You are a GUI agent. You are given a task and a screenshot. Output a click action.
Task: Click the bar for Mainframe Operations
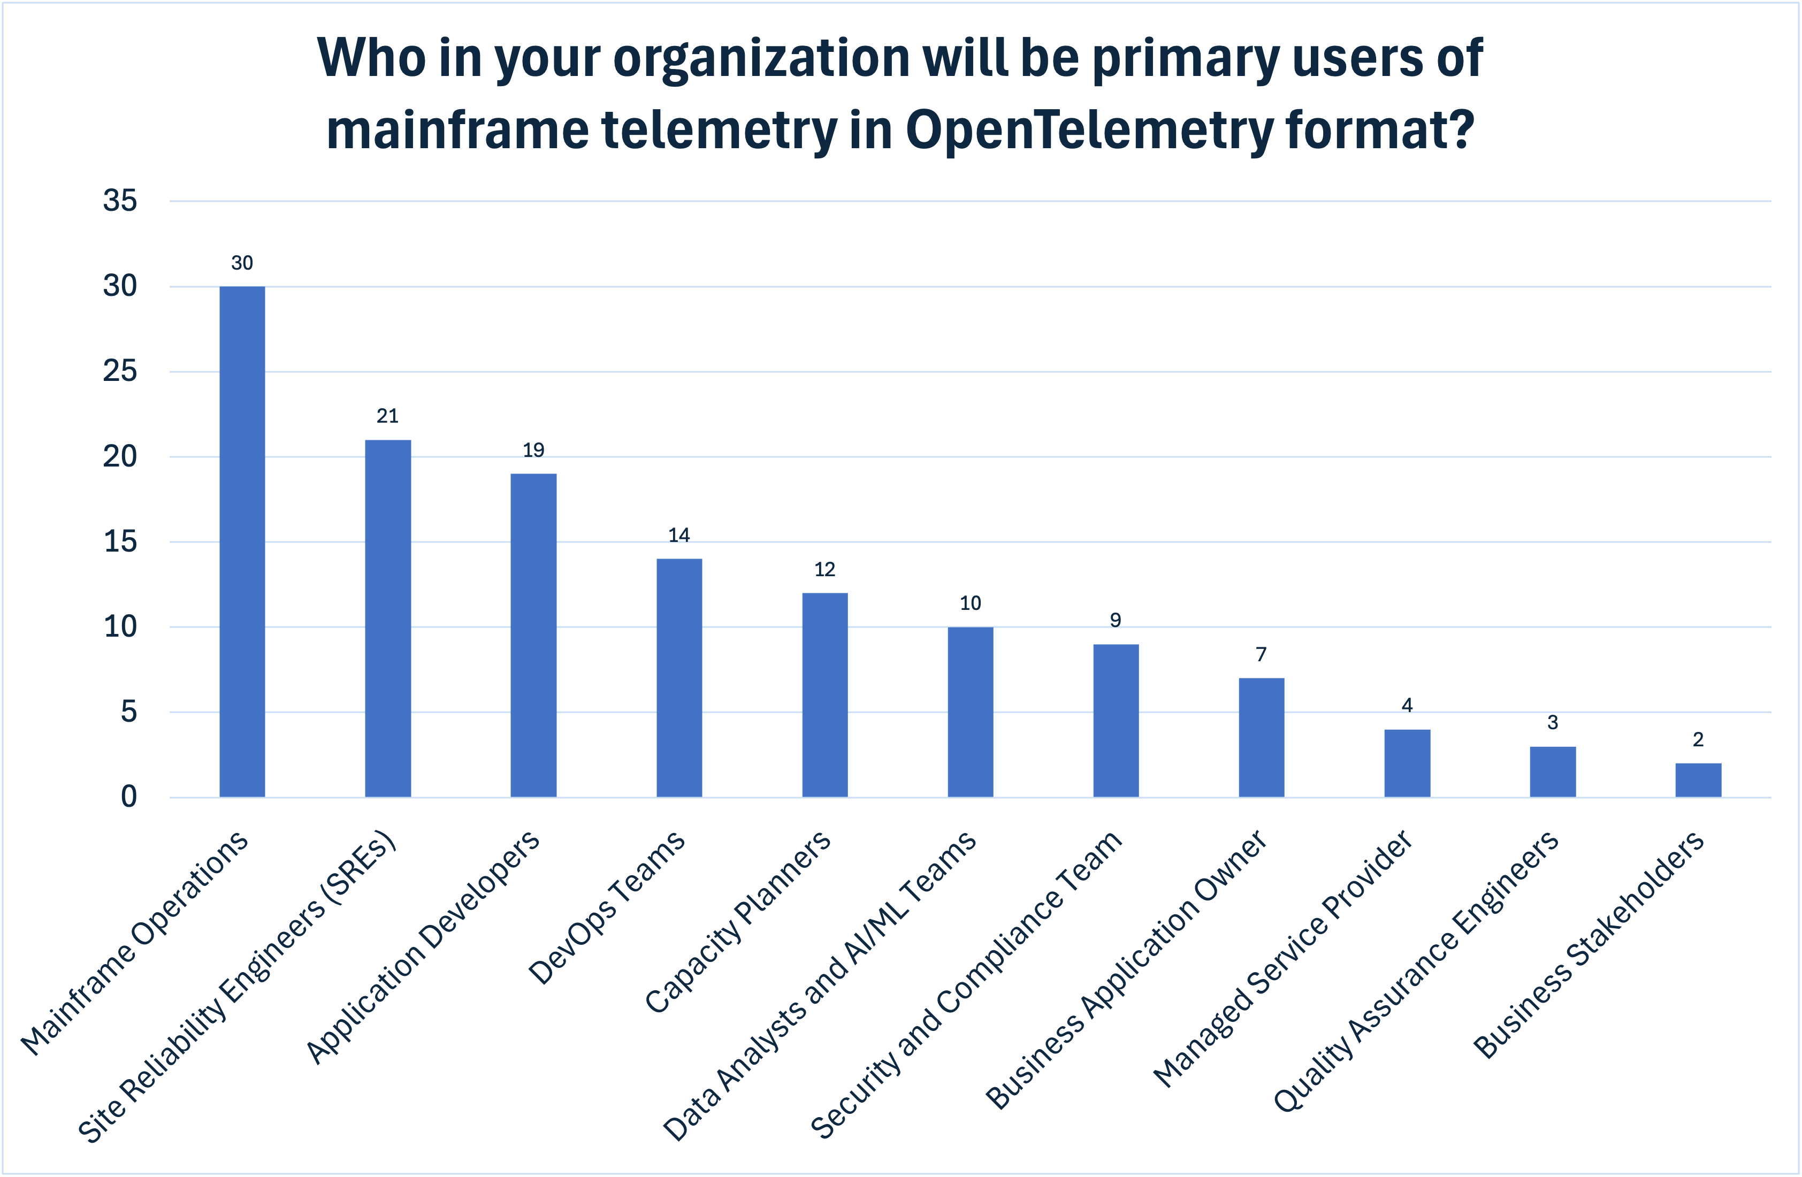(x=242, y=541)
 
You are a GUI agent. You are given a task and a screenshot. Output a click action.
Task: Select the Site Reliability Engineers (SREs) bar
(x=388, y=618)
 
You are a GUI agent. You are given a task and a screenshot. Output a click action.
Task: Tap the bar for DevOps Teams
(x=679, y=677)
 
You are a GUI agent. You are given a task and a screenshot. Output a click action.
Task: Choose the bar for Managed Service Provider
(x=1407, y=763)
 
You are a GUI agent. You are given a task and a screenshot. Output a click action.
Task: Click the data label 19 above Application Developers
(x=533, y=450)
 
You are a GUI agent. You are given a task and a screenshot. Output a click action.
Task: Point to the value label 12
(x=824, y=569)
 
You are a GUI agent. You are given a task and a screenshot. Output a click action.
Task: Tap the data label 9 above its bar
(x=1115, y=621)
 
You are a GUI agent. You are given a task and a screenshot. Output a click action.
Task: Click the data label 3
(x=1552, y=723)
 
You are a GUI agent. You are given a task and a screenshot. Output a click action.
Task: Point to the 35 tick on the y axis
(x=120, y=201)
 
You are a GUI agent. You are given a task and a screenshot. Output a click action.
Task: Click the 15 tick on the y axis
(x=120, y=542)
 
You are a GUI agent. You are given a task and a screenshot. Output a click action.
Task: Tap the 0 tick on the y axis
(x=129, y=797)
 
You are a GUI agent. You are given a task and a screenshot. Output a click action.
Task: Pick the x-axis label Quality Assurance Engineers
(x=1416, y=973)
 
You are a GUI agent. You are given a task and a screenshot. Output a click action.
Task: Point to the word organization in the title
(x=761, y=58)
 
